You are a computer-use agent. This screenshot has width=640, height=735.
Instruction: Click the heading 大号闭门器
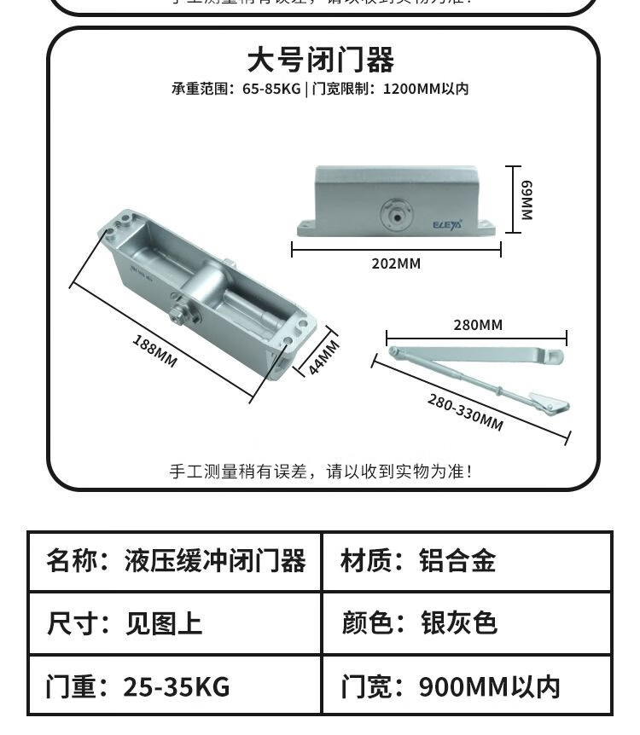pos(320,61)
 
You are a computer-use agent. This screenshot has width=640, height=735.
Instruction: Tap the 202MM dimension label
pos(396,263)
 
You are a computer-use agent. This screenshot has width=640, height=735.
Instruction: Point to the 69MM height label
pos(527,200)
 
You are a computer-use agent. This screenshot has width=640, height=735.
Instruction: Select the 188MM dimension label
pos(154,350)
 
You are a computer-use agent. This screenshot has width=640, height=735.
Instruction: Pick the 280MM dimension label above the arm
pos(477,325)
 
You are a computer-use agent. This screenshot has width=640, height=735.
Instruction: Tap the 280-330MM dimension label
pos(465,412)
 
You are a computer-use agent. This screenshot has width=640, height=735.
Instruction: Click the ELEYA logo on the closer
pos(445,225)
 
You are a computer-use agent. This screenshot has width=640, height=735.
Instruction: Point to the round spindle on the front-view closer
pos(395,212)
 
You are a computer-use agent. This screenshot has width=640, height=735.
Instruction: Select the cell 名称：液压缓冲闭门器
pos(176,561)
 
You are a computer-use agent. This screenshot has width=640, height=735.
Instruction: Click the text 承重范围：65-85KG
pos(236,89)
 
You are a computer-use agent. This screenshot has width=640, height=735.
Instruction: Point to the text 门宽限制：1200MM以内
pos(390,89)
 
